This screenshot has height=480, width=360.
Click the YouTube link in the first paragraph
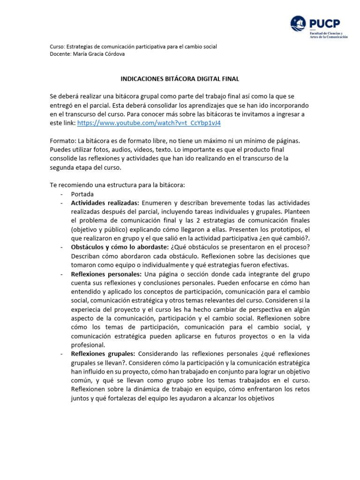pos(149,123)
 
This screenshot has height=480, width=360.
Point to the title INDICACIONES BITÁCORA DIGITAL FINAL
pos(180,80)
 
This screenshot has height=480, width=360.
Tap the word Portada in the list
pos(82,194)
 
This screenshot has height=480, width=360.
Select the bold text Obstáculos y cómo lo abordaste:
pos(120,247)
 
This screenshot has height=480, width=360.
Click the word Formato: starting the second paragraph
pos(62,140)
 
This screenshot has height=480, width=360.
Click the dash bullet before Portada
pos(61,194)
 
